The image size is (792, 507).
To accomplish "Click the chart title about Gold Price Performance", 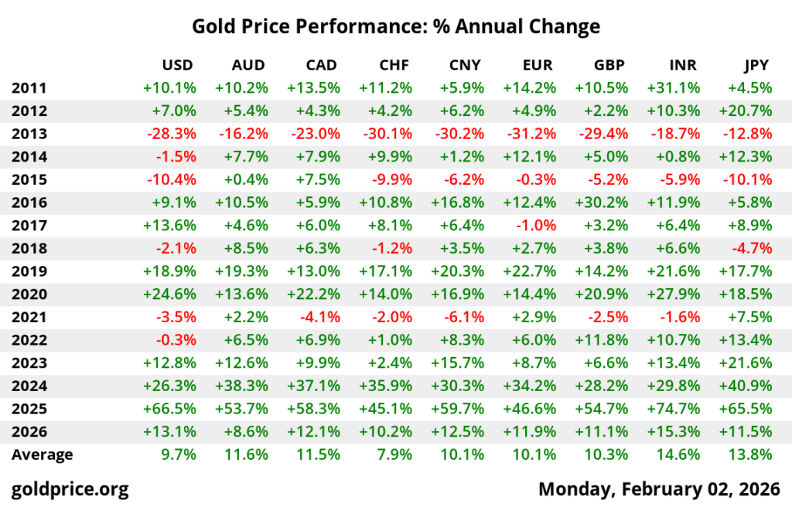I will [396, 27].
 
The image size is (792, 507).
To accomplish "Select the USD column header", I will [178, 65].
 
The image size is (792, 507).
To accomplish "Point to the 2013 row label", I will [29, 134].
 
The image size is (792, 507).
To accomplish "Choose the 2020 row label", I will [29, 294].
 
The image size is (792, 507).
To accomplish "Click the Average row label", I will [42, 454].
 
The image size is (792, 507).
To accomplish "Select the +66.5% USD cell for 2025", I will [169, 409].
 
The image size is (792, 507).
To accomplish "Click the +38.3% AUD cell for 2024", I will [241, 386].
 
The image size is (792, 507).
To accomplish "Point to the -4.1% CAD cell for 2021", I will [317, 317].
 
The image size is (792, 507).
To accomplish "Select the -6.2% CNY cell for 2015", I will [461, 180].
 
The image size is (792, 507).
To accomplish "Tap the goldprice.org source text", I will [70, 488].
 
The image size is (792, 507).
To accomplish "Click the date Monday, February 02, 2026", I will [659, 488].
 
